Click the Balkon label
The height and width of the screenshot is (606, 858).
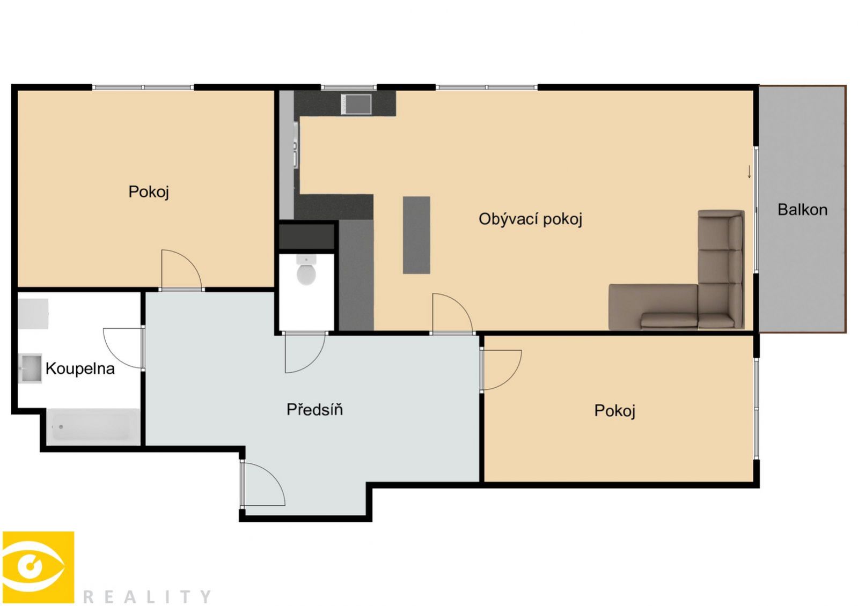[x=802, y=210]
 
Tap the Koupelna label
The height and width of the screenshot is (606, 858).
[x=80, y=368]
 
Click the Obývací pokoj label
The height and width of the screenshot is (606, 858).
[x=531, y=219]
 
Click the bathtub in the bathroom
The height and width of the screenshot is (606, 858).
[x=94, y=426]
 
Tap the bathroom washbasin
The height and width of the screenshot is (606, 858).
[x=30, y=368]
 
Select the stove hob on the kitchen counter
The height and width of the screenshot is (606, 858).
[x=356, y=104]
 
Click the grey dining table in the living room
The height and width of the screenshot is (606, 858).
[x=416, y=235]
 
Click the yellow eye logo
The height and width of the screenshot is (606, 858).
[x=38, y=567]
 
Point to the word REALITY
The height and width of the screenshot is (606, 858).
[x=147, y=596]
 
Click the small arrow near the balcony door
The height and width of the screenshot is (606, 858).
[x=749, y=172]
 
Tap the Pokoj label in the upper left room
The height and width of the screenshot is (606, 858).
[x=149, y=191]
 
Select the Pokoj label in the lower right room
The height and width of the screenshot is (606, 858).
[x=615, y=410]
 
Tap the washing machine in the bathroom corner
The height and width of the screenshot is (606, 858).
[x=33, y=314]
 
